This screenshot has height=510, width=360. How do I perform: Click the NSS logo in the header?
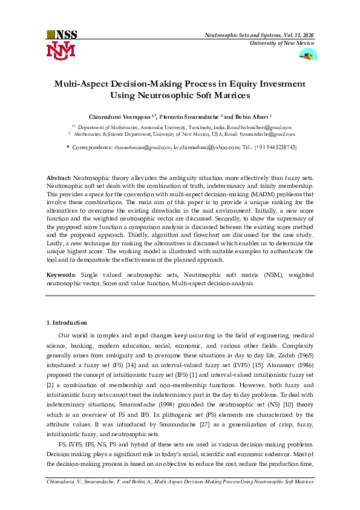tap(62, 35)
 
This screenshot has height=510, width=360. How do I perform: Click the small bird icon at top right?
tap(308, 55)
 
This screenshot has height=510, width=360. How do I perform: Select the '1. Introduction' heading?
tap(67, 323)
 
